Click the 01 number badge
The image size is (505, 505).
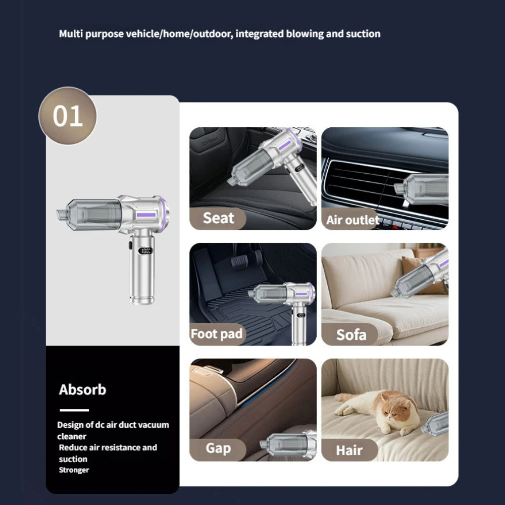click(68, 116)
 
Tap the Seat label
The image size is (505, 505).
click(218, 218)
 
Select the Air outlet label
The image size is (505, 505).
click(352, 220)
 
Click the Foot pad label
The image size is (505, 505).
click(217, 334)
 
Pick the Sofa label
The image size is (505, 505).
click(351, 334)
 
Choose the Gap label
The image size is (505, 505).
click(218, 448)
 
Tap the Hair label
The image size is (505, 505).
click(349, 450)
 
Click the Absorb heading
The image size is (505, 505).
click(82, 390)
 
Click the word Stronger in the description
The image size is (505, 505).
click(74, 470)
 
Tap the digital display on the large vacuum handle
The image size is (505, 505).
click(146, 250)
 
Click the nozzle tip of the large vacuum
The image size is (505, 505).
click(61, 213)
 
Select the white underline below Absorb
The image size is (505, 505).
click(74, 410)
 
